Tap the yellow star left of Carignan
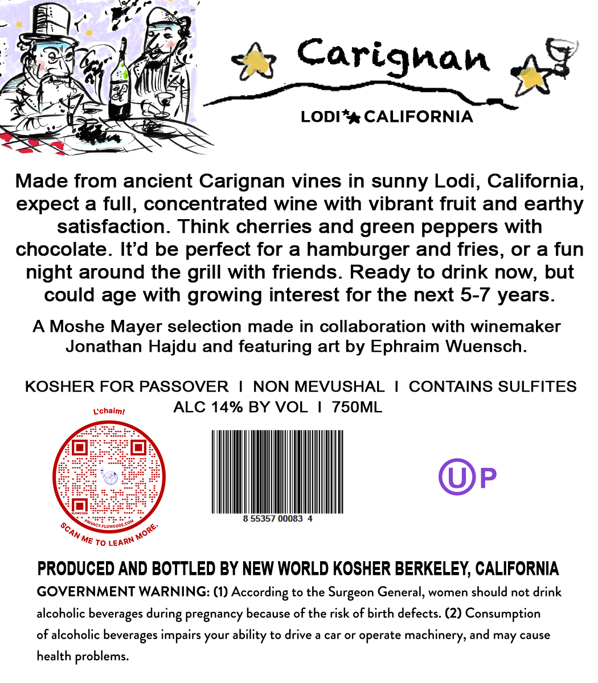pos(255,61)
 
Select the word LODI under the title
pos(320,117)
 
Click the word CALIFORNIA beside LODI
pos(418,117)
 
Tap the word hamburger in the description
pos(358,250)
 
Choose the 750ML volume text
pos(357,408)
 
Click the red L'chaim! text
pos(109,411)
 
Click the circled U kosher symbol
pos(457,477)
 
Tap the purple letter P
pos(488,478)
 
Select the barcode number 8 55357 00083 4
pos(277,519)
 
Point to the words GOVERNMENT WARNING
pos(123,592)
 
